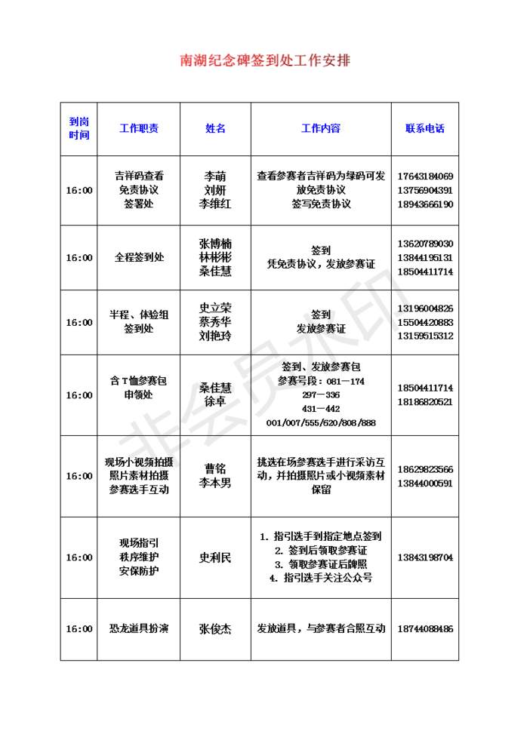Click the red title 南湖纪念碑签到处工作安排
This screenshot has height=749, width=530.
click(x=265, y=60)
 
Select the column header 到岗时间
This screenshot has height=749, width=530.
click(x=79, y=128)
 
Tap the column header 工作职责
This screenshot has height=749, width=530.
click(x=139, y=128)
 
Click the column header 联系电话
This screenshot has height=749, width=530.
click(x=425, y=128)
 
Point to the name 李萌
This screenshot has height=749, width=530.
click(x=215, y=176)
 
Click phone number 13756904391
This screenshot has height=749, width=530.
click(x=424, y=190)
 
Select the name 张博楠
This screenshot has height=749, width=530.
click(x=215, y=244)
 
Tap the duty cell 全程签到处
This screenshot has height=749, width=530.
click(x=139, y=257)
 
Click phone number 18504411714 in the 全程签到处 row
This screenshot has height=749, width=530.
click(x=424, y=272)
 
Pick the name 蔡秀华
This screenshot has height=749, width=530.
click(x=215, y=322)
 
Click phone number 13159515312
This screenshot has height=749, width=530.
click(x=424, y=336)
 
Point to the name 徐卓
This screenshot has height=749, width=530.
click(x=215, y=402)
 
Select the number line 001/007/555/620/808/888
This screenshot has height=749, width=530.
click(x=321, y=422)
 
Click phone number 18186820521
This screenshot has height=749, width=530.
click(x=424, y=402)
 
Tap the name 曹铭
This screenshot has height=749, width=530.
click(x=215, y=468)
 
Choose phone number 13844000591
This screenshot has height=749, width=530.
click(x=424, y=483)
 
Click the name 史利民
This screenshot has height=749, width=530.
click(x=215, y=557)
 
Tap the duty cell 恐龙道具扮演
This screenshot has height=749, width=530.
click(x=139, y=628)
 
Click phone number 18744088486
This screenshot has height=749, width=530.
click(x=424, y=628)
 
